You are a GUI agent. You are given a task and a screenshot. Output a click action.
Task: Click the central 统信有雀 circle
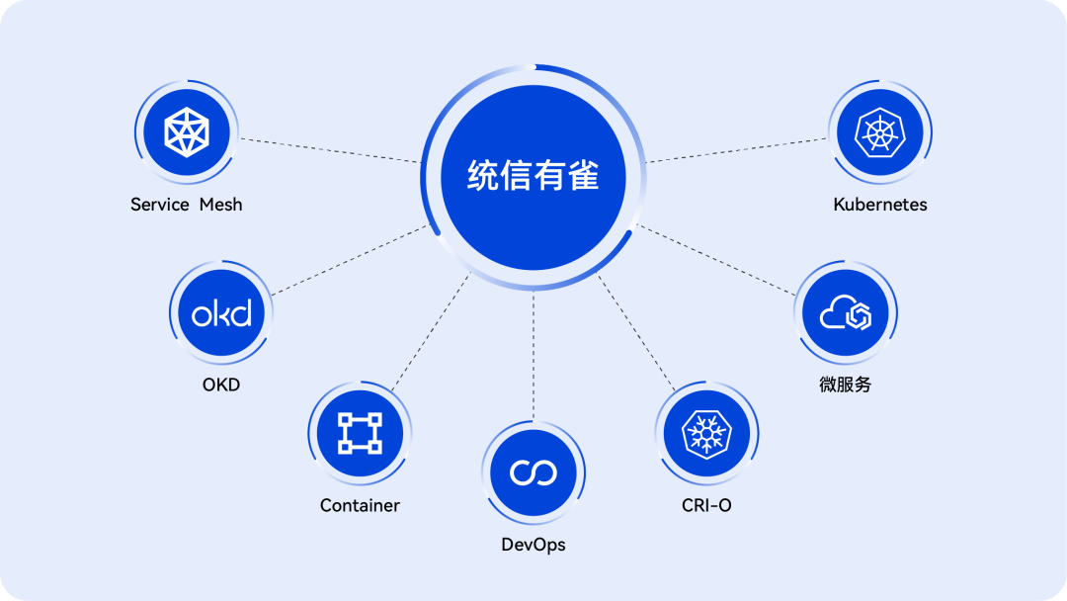coord(533,177)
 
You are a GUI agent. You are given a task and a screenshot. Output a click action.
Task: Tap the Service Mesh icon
coord(187,132)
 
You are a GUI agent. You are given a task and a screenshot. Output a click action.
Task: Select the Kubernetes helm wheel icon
coord(880,132)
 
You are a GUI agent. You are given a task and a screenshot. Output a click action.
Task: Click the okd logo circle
coord(221,312)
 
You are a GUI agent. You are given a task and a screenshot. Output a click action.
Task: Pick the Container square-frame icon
coord(360,433)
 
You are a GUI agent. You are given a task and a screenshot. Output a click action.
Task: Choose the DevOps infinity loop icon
coord(533,472)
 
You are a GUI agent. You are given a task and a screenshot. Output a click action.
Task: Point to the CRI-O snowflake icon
coord(706,433)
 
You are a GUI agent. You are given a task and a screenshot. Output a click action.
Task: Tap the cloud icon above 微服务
coord(845,312)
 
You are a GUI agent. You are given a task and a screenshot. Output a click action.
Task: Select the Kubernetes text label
coord(880,205)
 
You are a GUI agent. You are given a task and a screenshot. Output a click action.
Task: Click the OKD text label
coord(221,385)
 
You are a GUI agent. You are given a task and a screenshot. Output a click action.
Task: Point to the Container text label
coord(360,505)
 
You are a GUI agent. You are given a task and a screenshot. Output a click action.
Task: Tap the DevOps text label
coord(533,545)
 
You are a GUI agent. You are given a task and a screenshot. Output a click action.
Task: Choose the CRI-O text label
coord(706,505)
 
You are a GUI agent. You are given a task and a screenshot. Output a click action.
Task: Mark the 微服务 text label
coord(845,385)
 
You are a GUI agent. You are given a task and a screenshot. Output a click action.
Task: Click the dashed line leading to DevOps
coord(533,356)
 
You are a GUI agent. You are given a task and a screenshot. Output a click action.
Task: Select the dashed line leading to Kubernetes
coord(736,150)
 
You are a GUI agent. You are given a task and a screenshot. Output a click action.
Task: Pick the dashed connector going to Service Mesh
coord(330,150)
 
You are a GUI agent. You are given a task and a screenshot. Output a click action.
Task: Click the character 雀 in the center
coord(583,176)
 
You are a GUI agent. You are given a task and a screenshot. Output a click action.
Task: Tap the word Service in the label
coord(160,205)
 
